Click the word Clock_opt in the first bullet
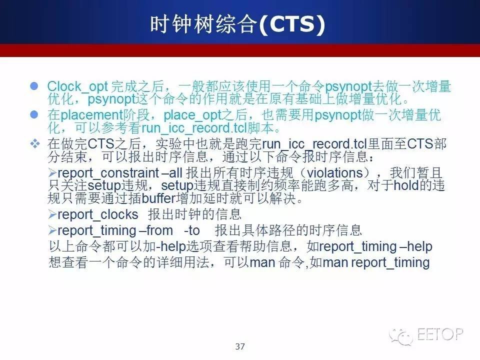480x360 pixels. [x=77, y=87]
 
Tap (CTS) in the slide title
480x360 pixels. [x=291, y=24]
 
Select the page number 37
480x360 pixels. [x=240, y=346]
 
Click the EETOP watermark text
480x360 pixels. [x=440, y=334]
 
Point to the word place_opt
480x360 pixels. [x=192, y=115]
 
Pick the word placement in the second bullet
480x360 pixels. [x=91, y=115]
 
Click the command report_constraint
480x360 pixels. [x=108, y=173]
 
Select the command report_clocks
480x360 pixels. [x=98, y=214]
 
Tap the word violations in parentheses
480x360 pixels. [x=335, y=173]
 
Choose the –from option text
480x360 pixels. [x=156, y=230]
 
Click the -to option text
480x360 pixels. [x=192, y=230]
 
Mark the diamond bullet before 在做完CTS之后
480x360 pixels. [x=35, y=143]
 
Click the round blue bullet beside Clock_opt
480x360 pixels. [x=34, y=86]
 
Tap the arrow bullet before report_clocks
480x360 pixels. [x=52, y=214]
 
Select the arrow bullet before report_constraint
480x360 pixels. [x=52, y=173]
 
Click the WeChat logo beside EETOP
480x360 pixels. [x=401, y=336]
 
